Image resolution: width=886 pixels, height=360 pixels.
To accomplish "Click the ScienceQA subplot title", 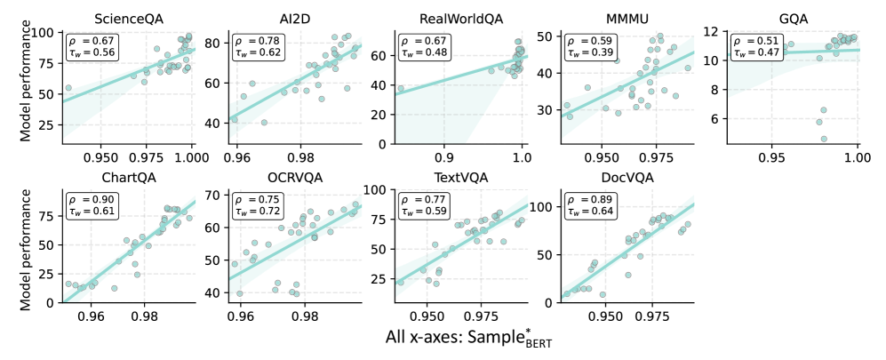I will (x=127, y=17).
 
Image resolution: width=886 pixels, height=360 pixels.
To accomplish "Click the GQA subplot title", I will (x=793, y=17).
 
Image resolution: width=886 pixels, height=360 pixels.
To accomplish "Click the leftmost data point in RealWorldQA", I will (x=401, y=88).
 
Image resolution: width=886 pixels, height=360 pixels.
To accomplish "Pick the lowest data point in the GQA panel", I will (x=824, y=139).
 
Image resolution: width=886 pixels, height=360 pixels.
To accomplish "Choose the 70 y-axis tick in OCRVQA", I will (x=217, y=194).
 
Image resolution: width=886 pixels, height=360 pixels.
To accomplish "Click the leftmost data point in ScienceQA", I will (x=68, y=88).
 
